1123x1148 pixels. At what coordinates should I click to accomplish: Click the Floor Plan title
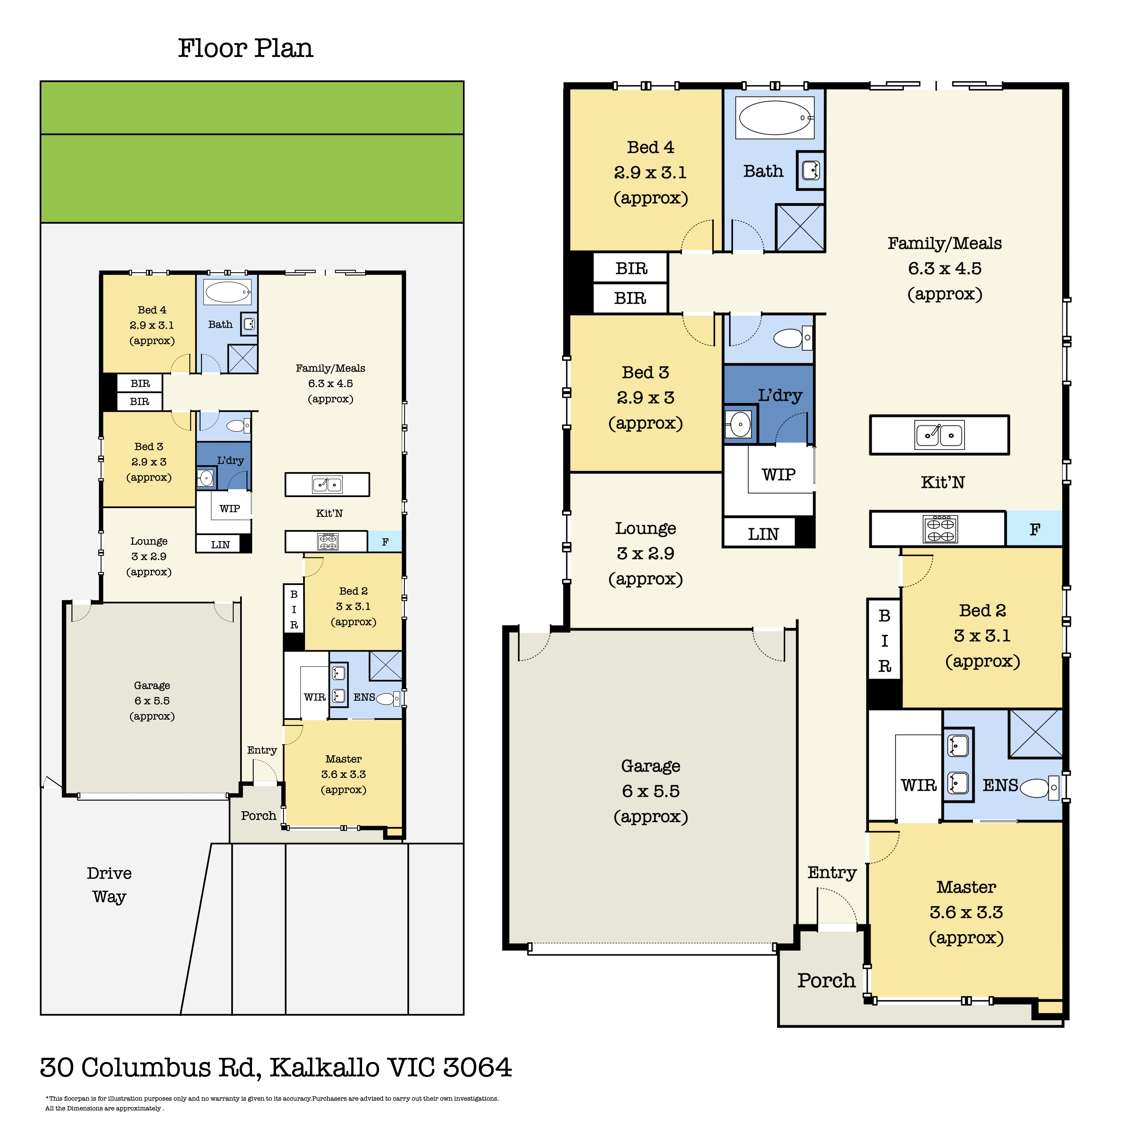(245, 48)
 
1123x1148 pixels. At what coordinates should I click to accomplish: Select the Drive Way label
(109, 884)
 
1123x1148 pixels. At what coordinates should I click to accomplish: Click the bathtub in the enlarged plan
(775, 117)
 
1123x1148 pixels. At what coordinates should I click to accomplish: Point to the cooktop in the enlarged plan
(940, 528)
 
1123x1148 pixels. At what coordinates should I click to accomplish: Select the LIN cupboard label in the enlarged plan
(763, 534)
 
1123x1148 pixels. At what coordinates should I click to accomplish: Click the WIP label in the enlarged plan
(779, 475)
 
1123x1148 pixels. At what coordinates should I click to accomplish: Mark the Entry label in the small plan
(262, 750)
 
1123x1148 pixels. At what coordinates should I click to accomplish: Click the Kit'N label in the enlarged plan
(942, 482)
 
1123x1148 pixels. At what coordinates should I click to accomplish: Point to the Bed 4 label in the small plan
(152, 310)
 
